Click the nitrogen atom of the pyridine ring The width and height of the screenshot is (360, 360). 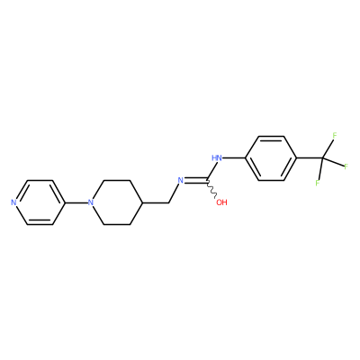[x=13, y=202]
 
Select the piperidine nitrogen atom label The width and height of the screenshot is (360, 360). [x=91, y=202]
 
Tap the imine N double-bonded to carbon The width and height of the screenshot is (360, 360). [x=181, y=180]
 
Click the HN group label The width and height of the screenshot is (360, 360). [x=217, y=158]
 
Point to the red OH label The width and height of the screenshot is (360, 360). [x=221, y=202]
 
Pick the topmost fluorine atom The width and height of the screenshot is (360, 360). [x=335, y=136]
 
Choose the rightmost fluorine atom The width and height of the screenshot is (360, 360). [x=346, y=166]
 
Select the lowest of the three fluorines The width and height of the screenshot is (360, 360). [x=318, y=183]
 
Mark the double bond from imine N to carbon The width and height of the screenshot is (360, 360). [x=195, y=180]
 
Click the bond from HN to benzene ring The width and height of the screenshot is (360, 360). [x=234, y=158]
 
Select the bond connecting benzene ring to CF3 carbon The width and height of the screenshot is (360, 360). [x=310, y=158]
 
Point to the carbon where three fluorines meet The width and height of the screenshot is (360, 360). [x=323, y=158]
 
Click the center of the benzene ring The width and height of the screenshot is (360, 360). [x=271, y=158]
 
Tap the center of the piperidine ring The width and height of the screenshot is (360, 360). [x=117, y=202]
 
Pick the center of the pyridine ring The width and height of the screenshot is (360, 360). [x=40, y=202]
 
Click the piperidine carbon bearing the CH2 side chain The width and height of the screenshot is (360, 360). [x=143, y=202]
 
